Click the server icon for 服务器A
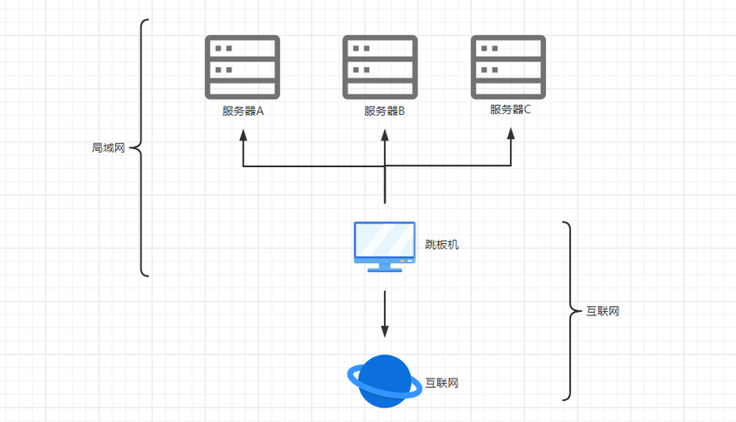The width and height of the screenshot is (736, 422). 242,67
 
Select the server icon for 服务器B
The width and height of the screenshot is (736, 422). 380,67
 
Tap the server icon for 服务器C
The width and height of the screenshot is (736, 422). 509,67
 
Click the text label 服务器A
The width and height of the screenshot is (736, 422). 243,111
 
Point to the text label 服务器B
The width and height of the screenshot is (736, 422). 384,111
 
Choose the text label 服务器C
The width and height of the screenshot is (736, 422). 511,109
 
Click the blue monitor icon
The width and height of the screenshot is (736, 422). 384,246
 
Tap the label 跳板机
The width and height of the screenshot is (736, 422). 442,245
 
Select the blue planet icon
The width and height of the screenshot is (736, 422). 384,381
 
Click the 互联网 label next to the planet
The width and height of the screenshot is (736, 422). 442,383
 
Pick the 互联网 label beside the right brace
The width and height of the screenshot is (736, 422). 603,311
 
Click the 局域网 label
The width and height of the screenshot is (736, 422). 108,148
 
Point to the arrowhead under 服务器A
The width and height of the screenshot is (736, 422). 243,135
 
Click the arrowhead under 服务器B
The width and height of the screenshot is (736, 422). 385,135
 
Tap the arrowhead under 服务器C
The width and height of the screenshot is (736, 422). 511,134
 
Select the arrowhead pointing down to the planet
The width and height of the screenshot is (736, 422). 385,331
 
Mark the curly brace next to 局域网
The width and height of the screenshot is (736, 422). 141,148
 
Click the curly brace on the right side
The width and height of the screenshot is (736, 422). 570,311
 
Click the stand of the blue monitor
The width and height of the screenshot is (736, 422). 384,268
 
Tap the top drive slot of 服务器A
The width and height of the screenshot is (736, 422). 242,49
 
